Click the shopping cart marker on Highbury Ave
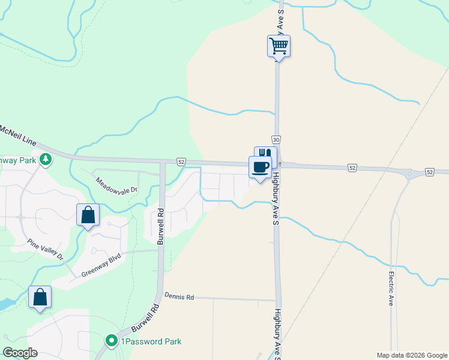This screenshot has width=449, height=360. (x=279, y=46)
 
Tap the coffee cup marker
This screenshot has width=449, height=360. (x=261, y=167)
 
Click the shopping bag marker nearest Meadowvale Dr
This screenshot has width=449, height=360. (x=88, y=214)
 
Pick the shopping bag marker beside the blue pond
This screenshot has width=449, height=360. (x=40, y=297)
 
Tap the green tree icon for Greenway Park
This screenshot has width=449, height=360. (x=45, y=159)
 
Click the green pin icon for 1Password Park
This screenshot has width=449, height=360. (x=112, y=341)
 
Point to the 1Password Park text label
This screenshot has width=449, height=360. (x=151, y=341)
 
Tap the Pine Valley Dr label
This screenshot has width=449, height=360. (x=46, y=250)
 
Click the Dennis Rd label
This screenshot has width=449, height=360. (x=179, y=297)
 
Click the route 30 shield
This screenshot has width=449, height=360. (x=276, y=139)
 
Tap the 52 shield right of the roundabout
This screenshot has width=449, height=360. (x=430, y=172)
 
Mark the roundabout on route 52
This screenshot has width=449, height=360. (x=410, y=175)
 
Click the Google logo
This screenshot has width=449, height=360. (x=20, y=353)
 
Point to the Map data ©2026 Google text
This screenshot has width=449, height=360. (x=411, y=355)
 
